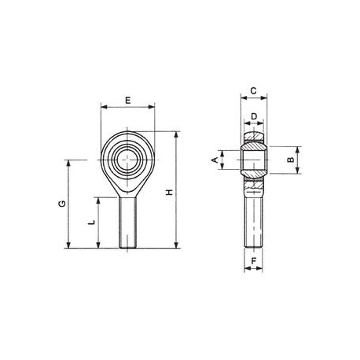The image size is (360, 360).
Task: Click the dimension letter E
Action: point(127,100)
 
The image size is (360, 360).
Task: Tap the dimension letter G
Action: point(62,204)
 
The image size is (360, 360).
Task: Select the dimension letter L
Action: point(91,222)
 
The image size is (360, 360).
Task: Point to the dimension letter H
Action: point(170,193)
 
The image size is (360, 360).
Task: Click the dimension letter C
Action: point(253,91)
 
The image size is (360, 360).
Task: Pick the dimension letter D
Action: point(254,116)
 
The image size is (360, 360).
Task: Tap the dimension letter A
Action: point(215,160)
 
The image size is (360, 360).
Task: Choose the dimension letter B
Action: point(291,160)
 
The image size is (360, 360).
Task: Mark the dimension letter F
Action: point(254,261)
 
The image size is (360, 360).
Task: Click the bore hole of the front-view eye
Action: point(127,160)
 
